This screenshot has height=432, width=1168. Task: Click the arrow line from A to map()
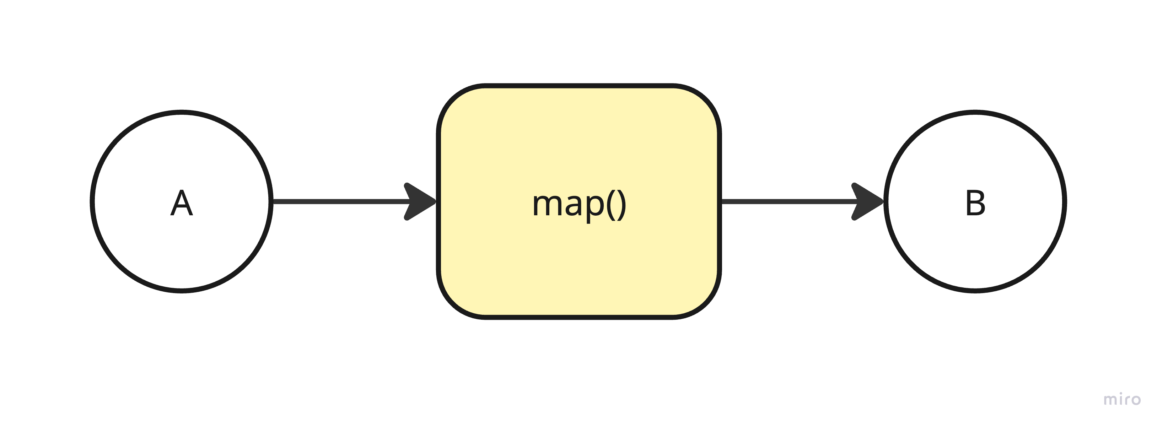(x=340, y=202)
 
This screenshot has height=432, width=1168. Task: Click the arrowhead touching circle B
(x=869, y=202)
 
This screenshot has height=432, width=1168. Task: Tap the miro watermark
(x=1122, y=399)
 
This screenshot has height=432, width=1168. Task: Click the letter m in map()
(x=547, y=205)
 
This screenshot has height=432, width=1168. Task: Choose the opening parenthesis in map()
(x=611, y=205)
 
